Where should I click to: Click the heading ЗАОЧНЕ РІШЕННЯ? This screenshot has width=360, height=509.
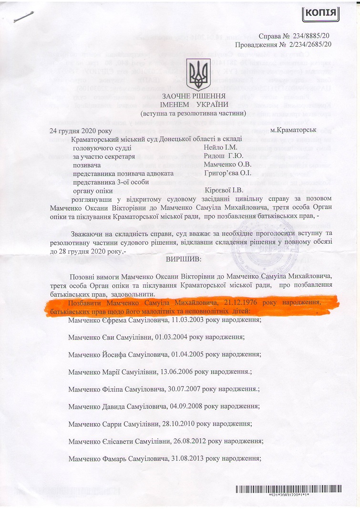194,96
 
